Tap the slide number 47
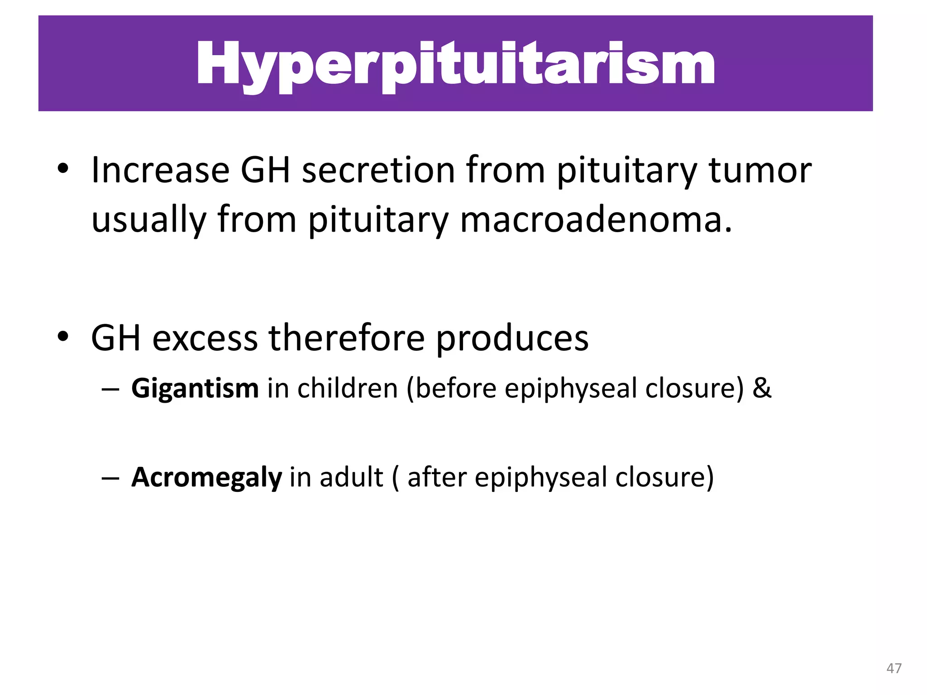coord(894,668)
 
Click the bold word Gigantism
coord(195,388)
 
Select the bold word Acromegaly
coord(206,477)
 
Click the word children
coord(347,388)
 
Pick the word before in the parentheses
coord(456,388)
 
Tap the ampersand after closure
coord(762,388)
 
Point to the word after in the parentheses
coord(437,477)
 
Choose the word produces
coord(512,338)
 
